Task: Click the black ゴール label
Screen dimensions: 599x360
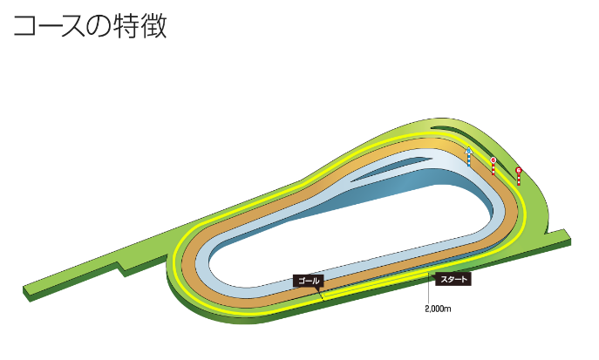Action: pyautogui.click(x=309, y=281)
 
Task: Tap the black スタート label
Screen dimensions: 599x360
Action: pyautogui.click(x=453, y=280)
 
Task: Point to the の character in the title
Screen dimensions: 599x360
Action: pyautogui.click(x=94, y=27)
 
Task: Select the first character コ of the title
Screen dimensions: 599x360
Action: pyautogui.click(x=24, y=27)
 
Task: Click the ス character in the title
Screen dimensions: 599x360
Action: pyautogui.click(x=71, y=27)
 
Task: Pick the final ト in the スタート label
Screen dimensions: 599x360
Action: pyautogui.click(x=465, y=280)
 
